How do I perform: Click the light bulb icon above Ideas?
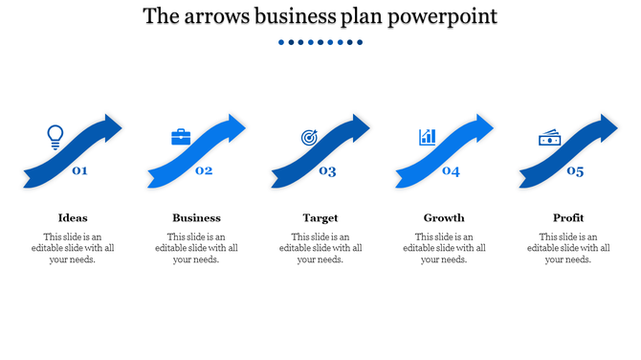pyautogui.click(x=55, y=136)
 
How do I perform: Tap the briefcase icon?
pyautogui.click(x=181, y=137)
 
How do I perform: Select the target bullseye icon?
pyautogui.click(x=309, y=138)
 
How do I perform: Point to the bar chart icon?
pyautogui.click(x=427, y=137)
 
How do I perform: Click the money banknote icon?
pyautogui.click(x=549, y=139)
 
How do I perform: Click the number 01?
pyautogui.click(x=80, y=171)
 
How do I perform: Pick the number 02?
pyautogui.click(x=204, y=171)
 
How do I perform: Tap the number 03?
pyautogui.click(x=327, y=171)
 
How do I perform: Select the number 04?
pyautogui.click(x=451, y=171)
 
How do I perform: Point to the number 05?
pyautogui.click(x=575, y=171)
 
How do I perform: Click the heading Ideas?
pyautogui.click(x=73, y=217)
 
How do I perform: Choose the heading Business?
pyautogui.click(x=196, y=217)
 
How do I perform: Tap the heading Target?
pyautogui.click(x=320, y=217)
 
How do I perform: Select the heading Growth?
pyautogui.click(x=444, y=217)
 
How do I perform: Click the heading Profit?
pyautogui.click(x=568, y=217)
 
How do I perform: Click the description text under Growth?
pyautogui.click(x=444, y=248)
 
